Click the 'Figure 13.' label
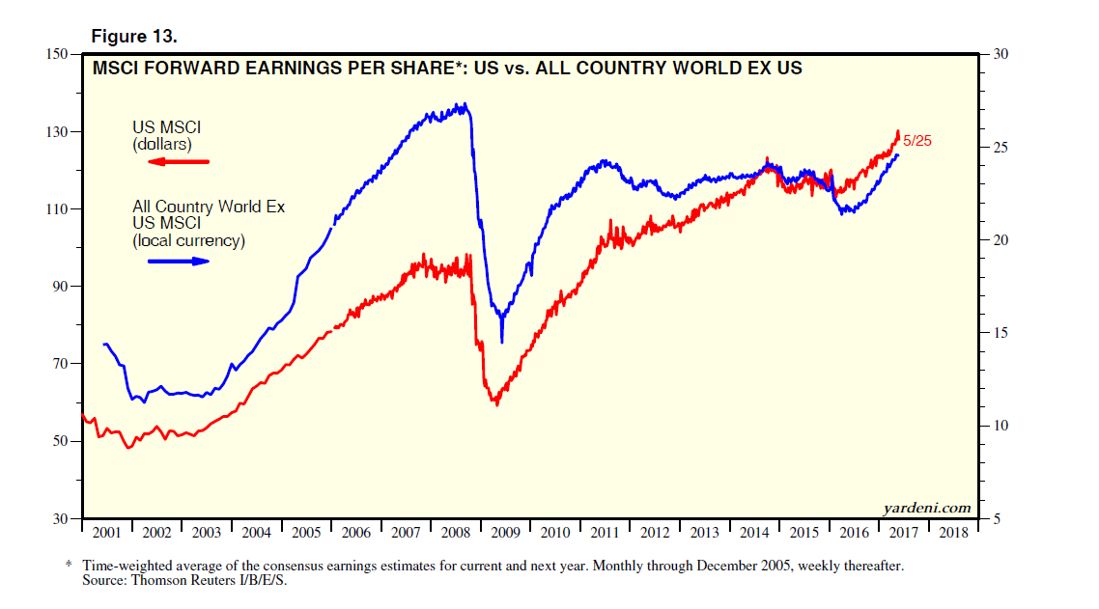point(133,36)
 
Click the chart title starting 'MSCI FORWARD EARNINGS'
point(446,69)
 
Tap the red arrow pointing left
point(178,162)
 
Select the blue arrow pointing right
point(178,261)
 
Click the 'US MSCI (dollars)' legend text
point(166,135)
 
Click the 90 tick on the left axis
point(60,287)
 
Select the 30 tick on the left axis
point(60,519)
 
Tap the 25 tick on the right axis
point(1001,147)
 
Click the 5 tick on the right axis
point(998,519)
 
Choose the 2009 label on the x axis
point(505,533)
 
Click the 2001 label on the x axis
point(106,533)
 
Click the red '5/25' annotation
point(917,141)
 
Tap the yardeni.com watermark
point(926,508)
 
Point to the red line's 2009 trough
point(496,403)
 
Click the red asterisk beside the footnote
point(69,564)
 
